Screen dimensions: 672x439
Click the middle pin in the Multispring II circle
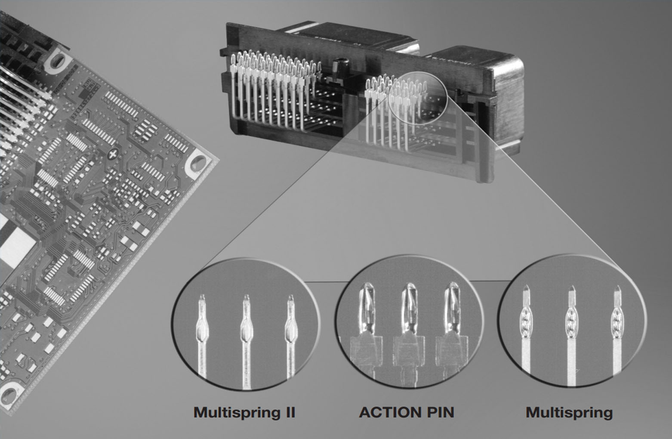[x=247, y=340]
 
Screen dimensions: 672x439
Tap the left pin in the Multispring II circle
[x=203, y=336]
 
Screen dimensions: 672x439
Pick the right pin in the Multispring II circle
[x=290, y=336]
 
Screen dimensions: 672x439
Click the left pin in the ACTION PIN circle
[x=367, y=330]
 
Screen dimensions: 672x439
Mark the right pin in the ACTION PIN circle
[x=451, y=330]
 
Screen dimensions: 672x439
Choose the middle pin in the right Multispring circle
[x=571, y=336]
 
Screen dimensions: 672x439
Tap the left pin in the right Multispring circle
[x=526, y=330]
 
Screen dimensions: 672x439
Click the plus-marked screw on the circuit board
[x=113, y=155]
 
